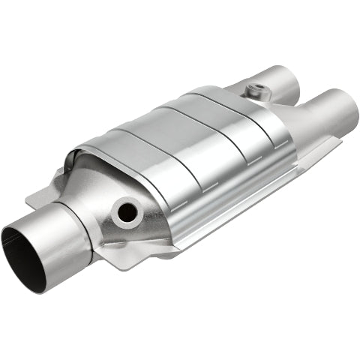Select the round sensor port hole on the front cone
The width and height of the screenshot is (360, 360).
click(128, 212)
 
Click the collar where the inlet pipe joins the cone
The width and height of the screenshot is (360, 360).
click(90, 225)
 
